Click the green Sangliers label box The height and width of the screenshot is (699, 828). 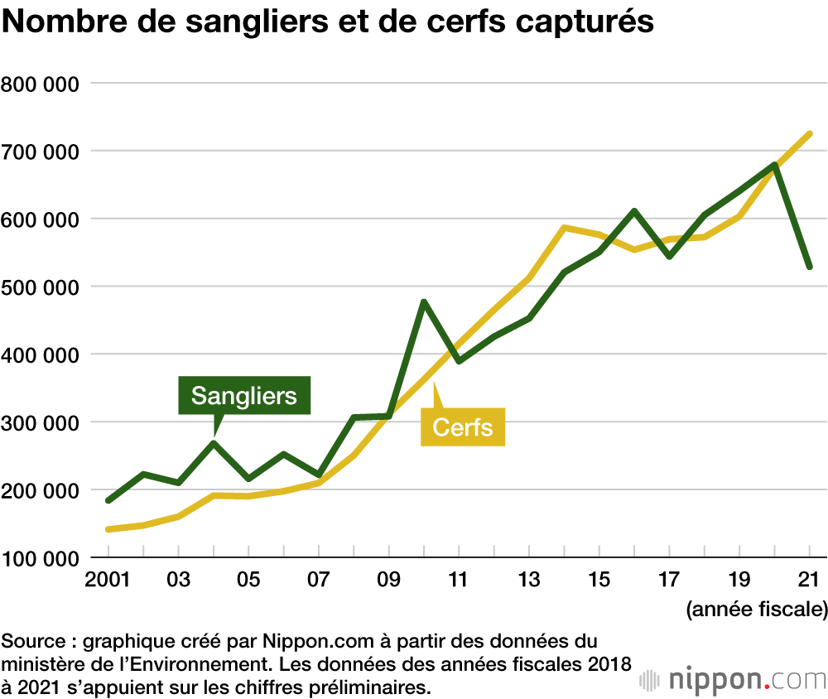[244, 395]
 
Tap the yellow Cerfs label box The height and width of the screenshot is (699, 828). [463, 427]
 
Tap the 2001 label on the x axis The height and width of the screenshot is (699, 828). [107, 579]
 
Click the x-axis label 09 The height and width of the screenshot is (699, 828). [388, 579]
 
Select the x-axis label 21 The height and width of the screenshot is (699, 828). [808, 579]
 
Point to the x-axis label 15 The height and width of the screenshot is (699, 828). [599, 579]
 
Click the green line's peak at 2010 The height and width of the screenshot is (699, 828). [424, 302]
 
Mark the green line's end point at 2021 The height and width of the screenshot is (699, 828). [810, 267]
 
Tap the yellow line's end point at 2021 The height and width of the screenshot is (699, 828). [810, 134]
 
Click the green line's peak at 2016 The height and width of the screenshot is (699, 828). [634, 211]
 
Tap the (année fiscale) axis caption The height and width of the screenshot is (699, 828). [755, 611]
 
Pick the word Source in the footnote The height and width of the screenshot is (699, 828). [28, 640]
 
